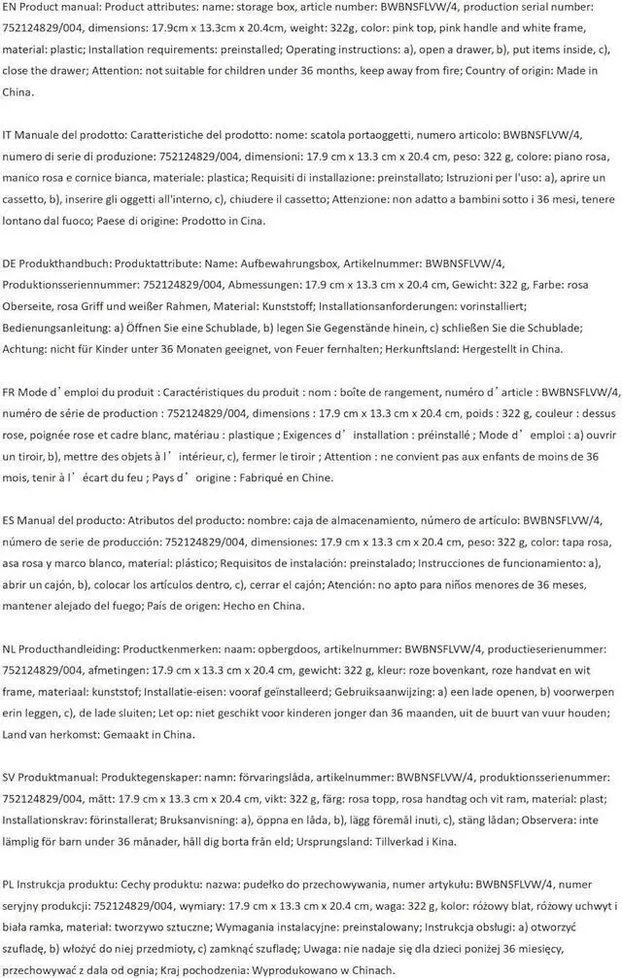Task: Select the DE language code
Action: coord(11,263)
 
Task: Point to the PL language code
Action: coord(10,884)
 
